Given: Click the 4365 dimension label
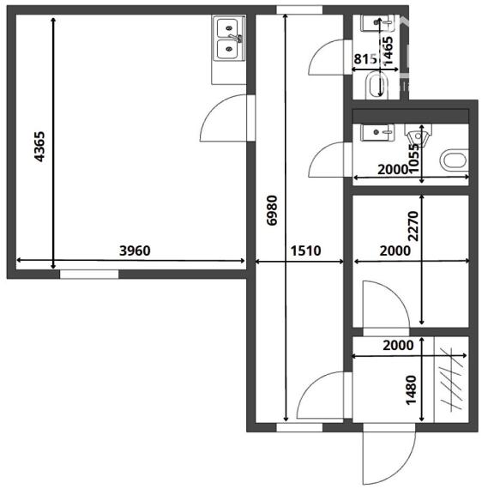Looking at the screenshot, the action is tap(39, 147).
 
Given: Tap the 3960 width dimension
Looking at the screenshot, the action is tap(135, 251).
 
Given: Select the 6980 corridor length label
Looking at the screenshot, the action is tap(272, 210).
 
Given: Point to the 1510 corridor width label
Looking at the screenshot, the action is tap(305, 251).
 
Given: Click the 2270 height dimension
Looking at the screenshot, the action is tap(413, 226).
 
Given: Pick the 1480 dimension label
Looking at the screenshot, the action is tap(411, 389).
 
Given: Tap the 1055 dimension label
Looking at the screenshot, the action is tap(414, 159).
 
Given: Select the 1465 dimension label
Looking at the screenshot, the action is tap(388, 51).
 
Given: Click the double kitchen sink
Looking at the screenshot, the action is tap(228, 39).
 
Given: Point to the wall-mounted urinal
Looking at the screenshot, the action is tap(419, 135).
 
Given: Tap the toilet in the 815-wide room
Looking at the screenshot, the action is tap(377, 85).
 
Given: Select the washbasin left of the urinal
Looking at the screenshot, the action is tap(377, 132).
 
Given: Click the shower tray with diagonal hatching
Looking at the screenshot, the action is tap(452, 379).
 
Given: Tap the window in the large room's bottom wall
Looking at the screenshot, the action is tap(89, 275).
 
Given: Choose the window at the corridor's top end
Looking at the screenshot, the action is tap(299, 10).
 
